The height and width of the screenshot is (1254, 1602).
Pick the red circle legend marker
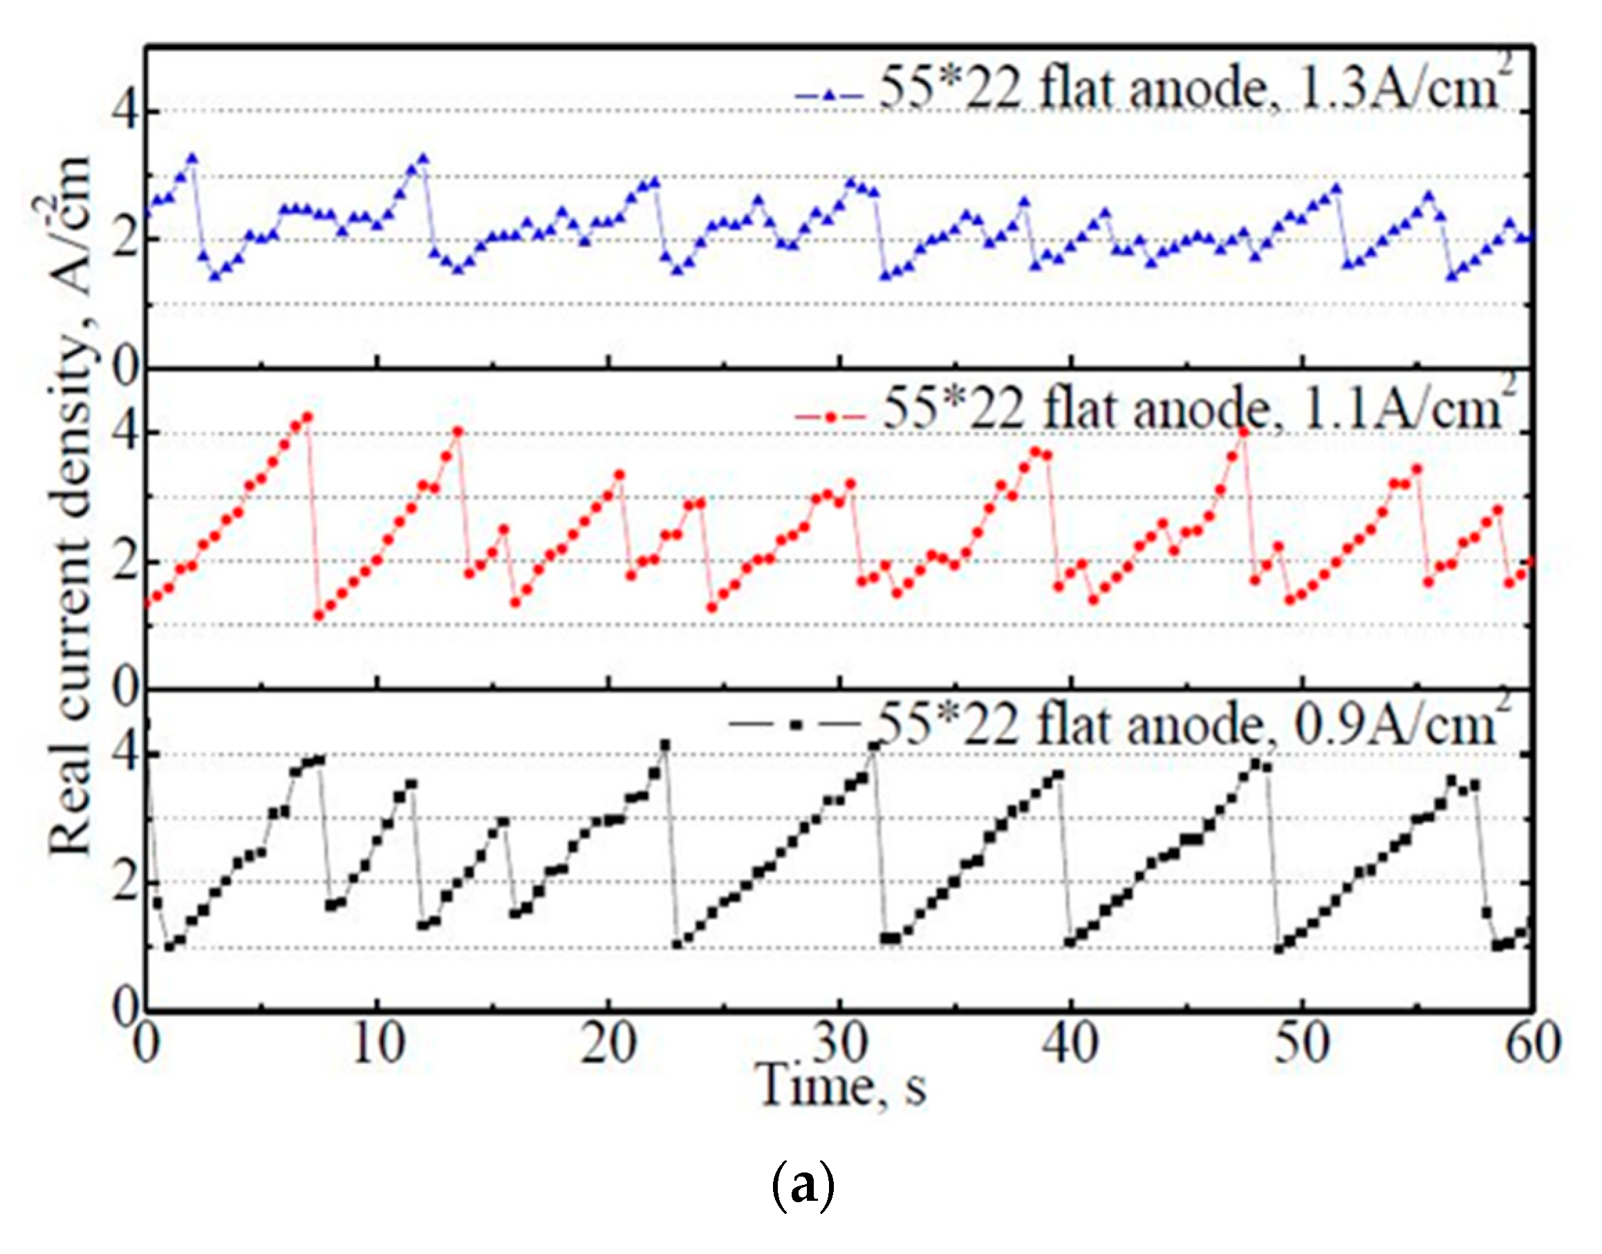point(831,417)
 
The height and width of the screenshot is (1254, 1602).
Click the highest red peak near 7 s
point(307,417)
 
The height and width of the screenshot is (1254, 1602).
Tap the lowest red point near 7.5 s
point(318,615)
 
